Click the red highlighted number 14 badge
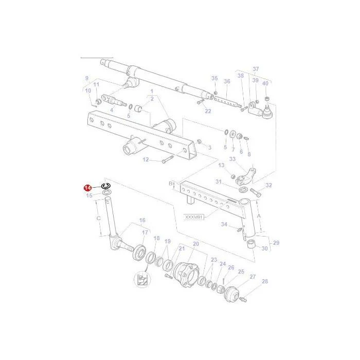[x=88, y=188]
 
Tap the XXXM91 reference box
[x=193, y=217]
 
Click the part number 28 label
[x=265, y=281]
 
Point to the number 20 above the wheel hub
[x=196, y=244]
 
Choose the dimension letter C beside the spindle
[x=99, y=218]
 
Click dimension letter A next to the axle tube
[x=259, y=216]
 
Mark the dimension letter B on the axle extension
[x=171, y=184]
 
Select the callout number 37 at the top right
[x=256, y=68]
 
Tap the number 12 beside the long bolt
[x=146, y=159]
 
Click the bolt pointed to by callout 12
[x=168, y=159]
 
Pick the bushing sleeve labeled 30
[x=251, y=244]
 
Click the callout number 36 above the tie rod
[x=227, y=81]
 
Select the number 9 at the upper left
[x=86, y=78]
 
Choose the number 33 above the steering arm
[x=232, y=159]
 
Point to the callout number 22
[x=208, y=111]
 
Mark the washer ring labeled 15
[x=107, y=192]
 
